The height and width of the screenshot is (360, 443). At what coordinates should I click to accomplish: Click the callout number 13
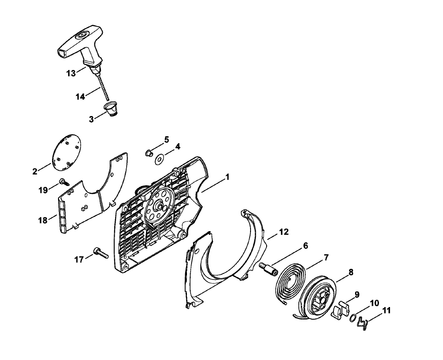[71, 73]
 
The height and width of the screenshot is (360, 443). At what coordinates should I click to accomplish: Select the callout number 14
[80, 97]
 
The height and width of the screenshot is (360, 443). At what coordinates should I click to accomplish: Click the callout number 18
[43, 220]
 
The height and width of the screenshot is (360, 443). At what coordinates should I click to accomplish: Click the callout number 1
[227, 177]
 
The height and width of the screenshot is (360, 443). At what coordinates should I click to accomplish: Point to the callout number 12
[284, 232]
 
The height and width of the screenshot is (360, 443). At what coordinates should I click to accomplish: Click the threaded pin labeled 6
[269, 270]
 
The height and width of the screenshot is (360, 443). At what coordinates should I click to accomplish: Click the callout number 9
[357, 295]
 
